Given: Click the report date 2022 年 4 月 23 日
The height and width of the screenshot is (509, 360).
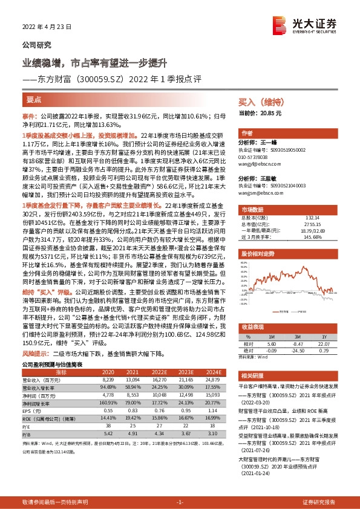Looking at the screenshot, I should [x=47, y=27].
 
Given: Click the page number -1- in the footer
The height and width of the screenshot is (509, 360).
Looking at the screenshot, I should [x=180, y=502].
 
